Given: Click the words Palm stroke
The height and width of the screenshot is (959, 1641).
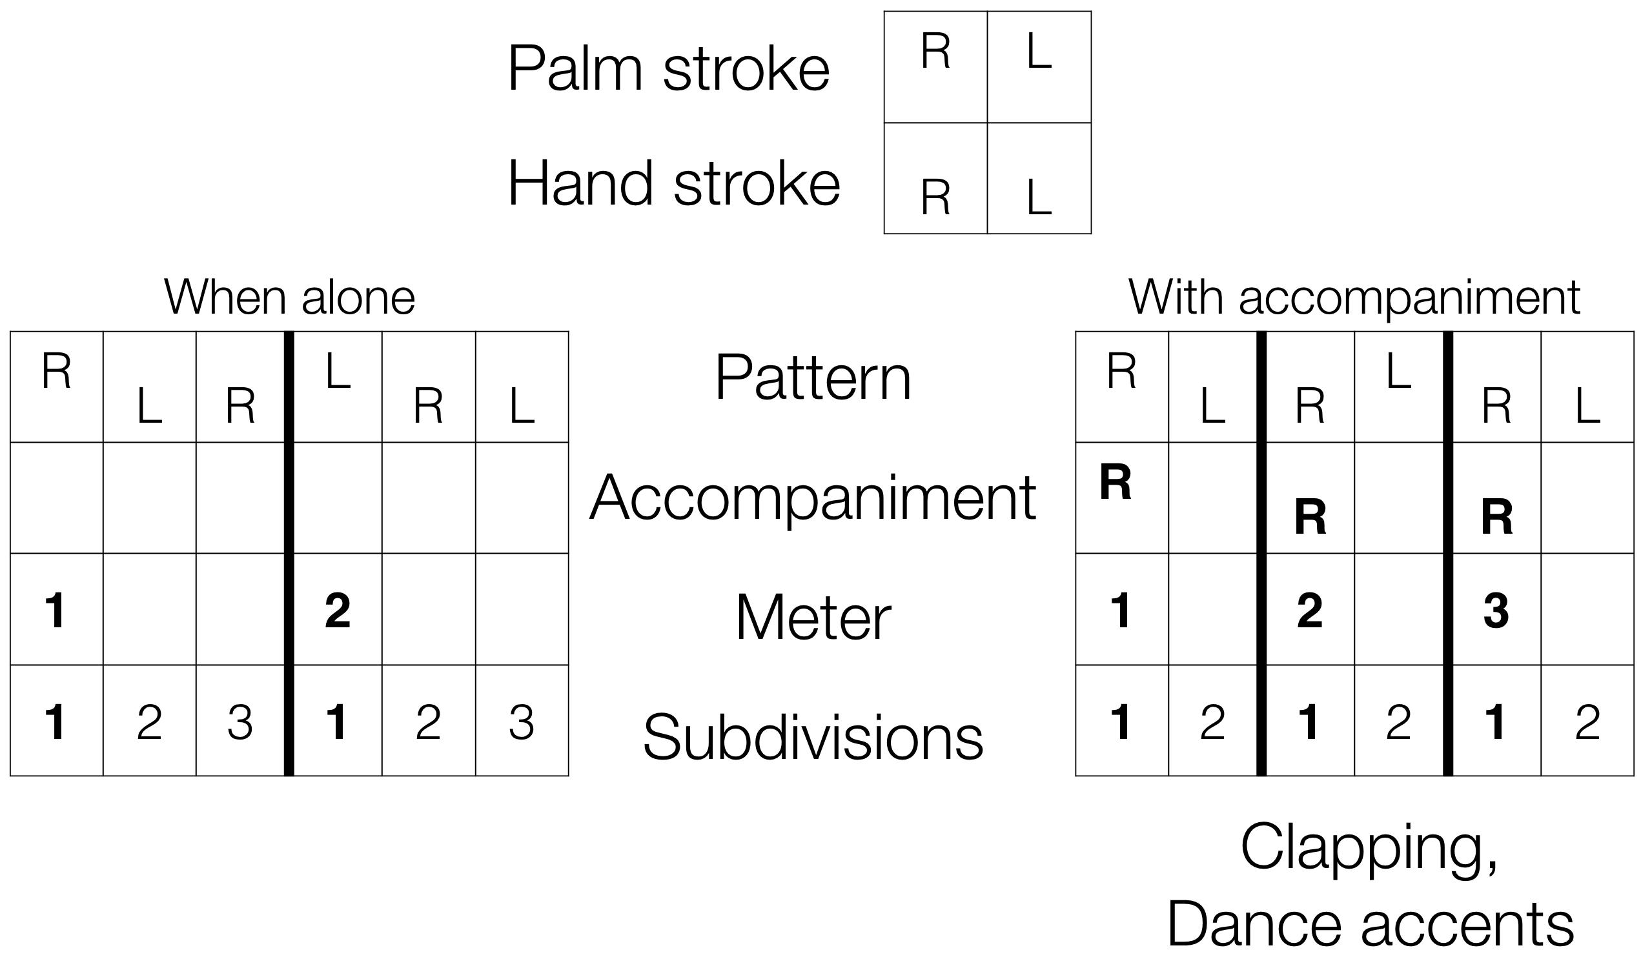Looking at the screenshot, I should (668, 70).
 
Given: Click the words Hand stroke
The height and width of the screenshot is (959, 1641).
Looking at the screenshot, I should (673, 184).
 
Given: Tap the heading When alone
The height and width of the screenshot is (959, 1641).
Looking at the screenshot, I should (289, 298).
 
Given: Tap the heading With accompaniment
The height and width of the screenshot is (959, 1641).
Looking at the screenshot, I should (1354, 298).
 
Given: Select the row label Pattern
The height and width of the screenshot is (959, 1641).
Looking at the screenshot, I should (813, 378).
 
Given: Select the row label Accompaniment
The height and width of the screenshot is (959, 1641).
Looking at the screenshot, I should (813, 498).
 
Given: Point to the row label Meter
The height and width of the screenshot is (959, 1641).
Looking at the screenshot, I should (813, 618).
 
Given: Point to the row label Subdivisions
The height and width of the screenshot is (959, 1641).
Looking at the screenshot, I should (813, 737).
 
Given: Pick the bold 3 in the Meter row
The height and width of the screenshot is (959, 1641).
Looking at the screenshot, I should (1496, 611).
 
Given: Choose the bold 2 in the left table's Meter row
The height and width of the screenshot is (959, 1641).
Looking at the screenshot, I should (338, 611).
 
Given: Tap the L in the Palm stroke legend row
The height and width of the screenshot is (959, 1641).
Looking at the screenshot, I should (1039, 52).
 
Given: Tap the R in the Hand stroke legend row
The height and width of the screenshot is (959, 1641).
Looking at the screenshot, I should (936, 197).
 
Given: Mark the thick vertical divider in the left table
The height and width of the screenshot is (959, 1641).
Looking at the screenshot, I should (289, 554).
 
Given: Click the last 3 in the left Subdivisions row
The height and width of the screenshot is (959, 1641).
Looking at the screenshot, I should (522, 723).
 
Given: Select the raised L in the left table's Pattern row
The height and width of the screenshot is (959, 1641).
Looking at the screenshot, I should (338, 371).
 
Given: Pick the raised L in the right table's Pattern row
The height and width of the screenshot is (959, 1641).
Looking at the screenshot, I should (1398, 371).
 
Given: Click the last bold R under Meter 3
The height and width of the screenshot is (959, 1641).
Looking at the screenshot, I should (1496, 518).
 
